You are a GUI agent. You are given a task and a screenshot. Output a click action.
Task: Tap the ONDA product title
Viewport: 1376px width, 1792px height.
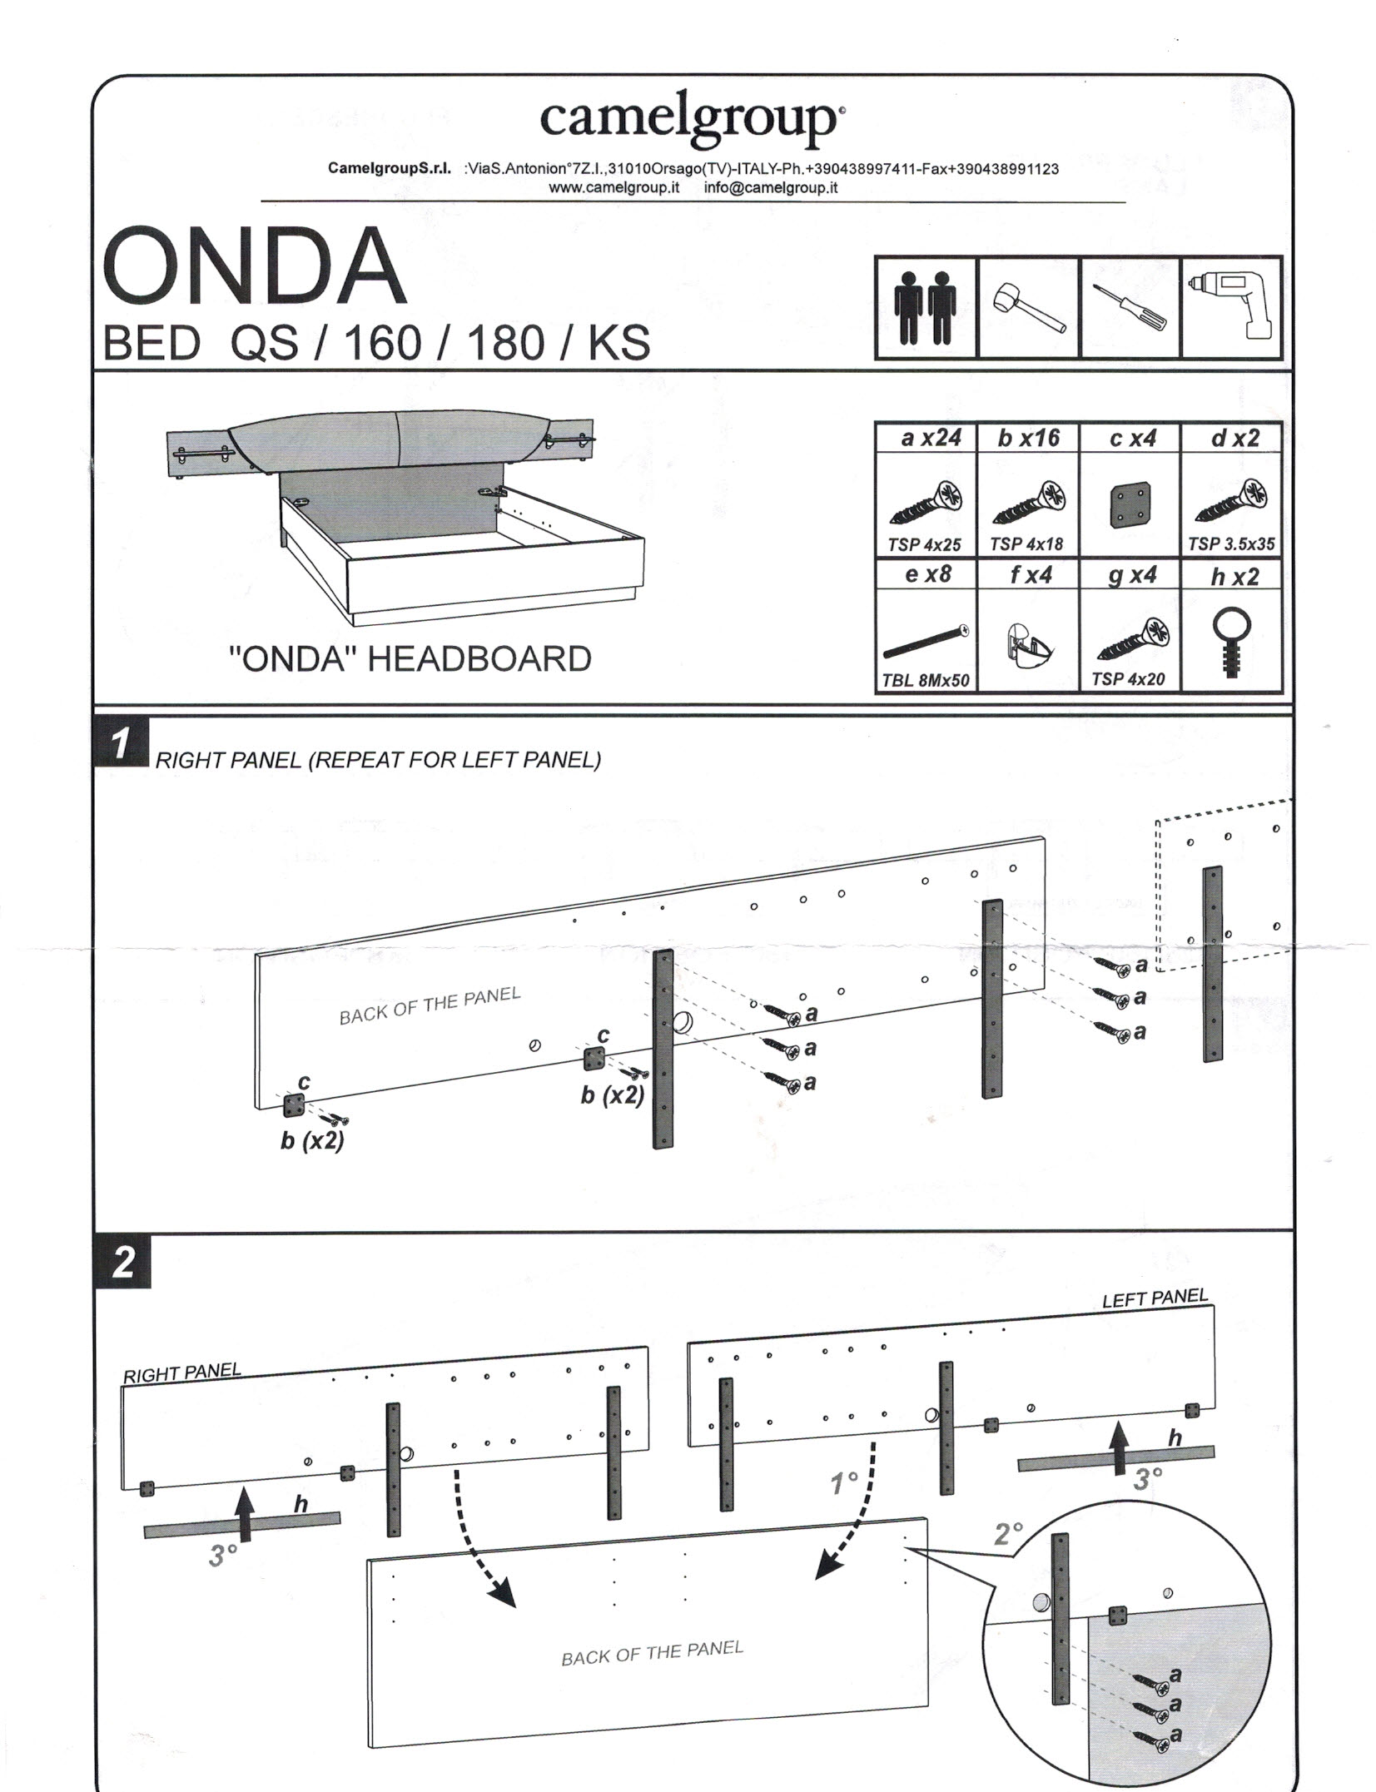pos(254,267)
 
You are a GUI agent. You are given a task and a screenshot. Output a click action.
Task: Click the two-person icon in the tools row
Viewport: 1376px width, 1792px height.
pos(925,308)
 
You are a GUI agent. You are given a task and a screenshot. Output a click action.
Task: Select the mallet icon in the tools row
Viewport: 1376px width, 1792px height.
pos(1028,309)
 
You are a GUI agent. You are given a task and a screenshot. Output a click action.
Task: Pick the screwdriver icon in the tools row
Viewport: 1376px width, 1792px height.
pos(1130,309)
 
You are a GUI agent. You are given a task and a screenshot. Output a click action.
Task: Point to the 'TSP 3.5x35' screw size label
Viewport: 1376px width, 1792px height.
pos(1231,544)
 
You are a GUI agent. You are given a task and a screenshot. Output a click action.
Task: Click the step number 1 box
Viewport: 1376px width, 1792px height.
pos(122,742)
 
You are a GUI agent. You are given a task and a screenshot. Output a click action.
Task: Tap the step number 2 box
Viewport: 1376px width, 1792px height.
pos(122,1262)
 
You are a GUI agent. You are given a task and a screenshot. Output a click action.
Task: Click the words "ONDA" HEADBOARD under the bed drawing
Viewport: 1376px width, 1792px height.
pos(410,659)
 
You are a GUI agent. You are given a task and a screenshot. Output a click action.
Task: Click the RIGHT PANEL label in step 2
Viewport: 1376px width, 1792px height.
pos(181,1372)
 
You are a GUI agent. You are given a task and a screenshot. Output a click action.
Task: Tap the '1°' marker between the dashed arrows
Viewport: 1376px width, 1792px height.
pos(844,1482)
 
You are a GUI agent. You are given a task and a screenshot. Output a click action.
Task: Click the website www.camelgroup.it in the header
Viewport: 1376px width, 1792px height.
pos(613,187)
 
